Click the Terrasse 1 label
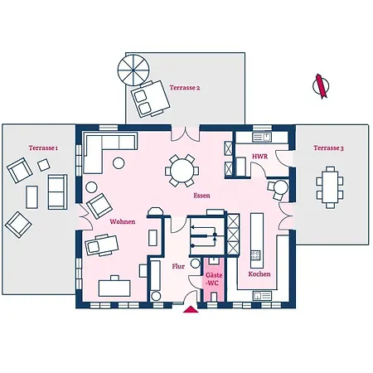[43, 148]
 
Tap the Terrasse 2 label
[185, 88]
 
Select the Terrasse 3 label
[328, 148]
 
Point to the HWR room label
[260, 156]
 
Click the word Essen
[201, 196]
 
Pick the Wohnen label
[123, 221]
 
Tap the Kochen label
[259, 274]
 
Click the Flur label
[178, 266]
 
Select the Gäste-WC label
[214, 279]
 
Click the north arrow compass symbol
[321, 85]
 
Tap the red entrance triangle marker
[191, 310]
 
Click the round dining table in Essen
[182, 171]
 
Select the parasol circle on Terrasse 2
[133, 70]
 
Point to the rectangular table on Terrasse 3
[330, 187]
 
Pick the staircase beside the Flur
[207, 236]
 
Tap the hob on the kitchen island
[255, 255]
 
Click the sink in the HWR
[262, 137]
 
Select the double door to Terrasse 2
[185, 134]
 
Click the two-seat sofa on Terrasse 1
[57, 191]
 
